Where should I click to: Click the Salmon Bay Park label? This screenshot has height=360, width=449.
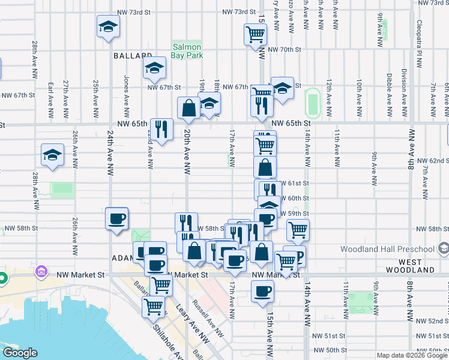187,51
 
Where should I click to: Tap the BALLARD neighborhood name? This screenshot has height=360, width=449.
132,56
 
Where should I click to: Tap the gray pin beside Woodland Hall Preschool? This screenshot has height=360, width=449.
443,248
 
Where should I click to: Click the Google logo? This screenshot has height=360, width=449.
19,353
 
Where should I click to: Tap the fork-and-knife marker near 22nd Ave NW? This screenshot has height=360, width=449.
161,130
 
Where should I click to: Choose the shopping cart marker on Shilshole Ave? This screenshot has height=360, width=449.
154,307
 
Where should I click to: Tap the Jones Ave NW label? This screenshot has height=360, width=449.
127,95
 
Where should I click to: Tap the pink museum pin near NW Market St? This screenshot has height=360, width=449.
41,271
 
